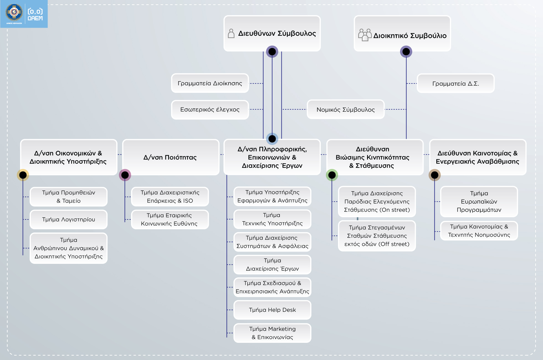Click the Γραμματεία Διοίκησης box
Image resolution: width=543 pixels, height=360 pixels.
click(210, 83)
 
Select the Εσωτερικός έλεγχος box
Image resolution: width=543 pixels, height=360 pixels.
click(210, 109)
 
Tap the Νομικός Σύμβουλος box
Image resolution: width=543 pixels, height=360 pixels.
click(345, 109)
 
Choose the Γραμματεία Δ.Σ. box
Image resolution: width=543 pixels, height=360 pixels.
click(455, 83)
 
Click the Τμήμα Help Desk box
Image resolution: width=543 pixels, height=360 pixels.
click(272, 310)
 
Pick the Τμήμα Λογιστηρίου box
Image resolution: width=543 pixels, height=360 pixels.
click(68, 219)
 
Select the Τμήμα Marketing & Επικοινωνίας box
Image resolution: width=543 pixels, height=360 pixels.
click(272, 333)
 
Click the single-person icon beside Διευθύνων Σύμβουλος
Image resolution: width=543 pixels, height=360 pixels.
click(231, 34)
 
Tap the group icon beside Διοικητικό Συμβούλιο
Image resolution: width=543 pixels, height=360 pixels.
click(365, 35)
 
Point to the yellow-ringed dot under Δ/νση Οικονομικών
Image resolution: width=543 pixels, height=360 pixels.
click(23, 175)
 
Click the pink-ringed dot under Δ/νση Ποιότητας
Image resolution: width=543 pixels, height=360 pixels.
click(125, 175)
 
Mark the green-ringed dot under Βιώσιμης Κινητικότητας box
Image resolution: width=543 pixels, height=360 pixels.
click(332, 175)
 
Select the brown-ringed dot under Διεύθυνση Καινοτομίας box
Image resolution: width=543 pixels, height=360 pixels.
click(435, 175)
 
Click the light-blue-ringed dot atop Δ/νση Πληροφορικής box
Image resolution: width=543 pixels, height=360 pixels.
click(272, 139)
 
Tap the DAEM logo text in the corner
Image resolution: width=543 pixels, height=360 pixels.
click(35, 15)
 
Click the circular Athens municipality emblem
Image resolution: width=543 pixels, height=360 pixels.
click(14, 12)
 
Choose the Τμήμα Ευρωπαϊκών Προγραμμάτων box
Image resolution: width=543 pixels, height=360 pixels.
click(479, 201)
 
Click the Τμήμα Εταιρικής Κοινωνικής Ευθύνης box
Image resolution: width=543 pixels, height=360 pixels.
click(170, 219)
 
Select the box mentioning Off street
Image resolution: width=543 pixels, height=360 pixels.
click(377, 236)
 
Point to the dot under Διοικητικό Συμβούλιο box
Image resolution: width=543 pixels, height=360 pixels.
click(406, 52)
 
